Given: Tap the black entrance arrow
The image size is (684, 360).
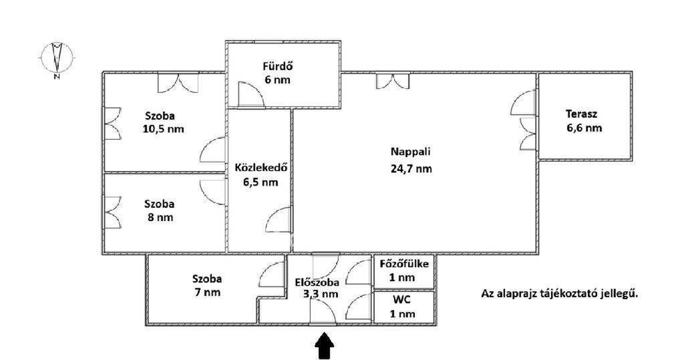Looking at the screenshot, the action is click(324, 346).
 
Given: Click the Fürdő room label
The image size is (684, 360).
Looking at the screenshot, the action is click(277, 66).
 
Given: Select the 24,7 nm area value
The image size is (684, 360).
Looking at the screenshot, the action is click(411, 169).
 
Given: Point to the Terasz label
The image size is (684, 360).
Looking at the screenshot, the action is click(582, 114).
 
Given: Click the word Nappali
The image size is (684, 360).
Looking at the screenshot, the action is click(411, 152).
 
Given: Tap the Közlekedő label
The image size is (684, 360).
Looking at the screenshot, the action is click(261, 168).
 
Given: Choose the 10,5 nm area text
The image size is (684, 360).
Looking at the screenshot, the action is click(163, 129).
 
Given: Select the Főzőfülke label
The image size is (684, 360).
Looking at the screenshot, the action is click(404, 264).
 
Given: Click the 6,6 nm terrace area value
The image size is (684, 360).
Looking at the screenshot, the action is click(584, 128).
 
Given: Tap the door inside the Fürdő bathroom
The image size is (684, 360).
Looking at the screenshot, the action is click(251, 95).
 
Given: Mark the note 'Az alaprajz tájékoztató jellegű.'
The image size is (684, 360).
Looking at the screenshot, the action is click(560, 293).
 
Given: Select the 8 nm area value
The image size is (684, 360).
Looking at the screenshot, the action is click(160, 217).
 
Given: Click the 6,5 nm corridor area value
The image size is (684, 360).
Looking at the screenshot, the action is click(261, 182).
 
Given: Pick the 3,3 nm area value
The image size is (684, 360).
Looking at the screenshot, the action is click(321, 294).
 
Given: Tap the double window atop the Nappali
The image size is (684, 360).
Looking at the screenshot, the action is click(393, 81).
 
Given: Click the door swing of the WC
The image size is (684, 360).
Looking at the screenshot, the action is click(359, 307).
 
